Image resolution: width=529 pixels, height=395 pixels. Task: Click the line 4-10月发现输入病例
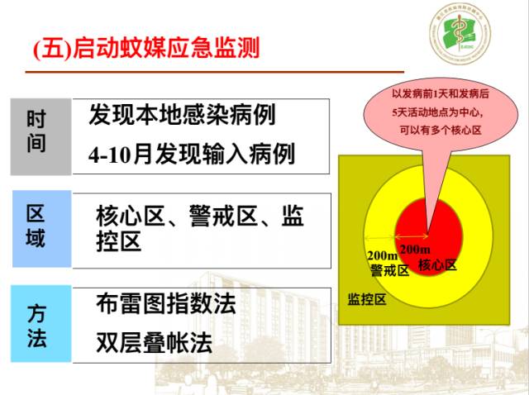pos(191,155)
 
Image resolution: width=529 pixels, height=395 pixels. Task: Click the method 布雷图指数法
pos(165,303)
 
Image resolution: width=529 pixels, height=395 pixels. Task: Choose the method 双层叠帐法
pos(154,342)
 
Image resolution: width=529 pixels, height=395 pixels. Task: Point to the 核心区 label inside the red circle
pos(437,264)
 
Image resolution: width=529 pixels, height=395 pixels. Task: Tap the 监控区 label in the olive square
pos(366,298)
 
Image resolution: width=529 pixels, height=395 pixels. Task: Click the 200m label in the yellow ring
pos(383,255)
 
